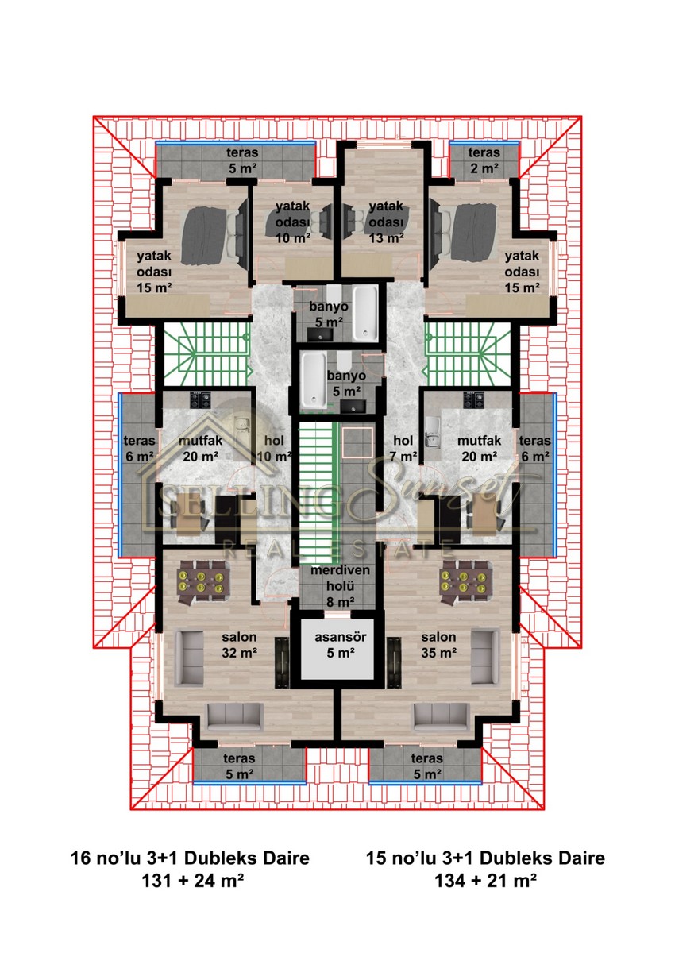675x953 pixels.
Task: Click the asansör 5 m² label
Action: (x=340, y=645)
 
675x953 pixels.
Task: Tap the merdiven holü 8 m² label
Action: (x=340, y=586)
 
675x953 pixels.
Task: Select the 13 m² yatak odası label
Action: (x=386, y=222)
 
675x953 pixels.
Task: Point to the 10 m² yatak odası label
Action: (x=292, y=222)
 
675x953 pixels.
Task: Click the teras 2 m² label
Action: (x=484, y=160)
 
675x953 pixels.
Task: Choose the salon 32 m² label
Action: (x=240, y=645)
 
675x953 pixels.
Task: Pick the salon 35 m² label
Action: (x=439, y=645)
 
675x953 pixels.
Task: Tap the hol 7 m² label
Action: (x=403, y=449)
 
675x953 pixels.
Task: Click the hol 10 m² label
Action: (x=274, y=449)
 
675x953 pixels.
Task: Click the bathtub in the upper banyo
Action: (x=365, y=313)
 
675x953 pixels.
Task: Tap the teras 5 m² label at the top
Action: (x=242, y=160)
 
